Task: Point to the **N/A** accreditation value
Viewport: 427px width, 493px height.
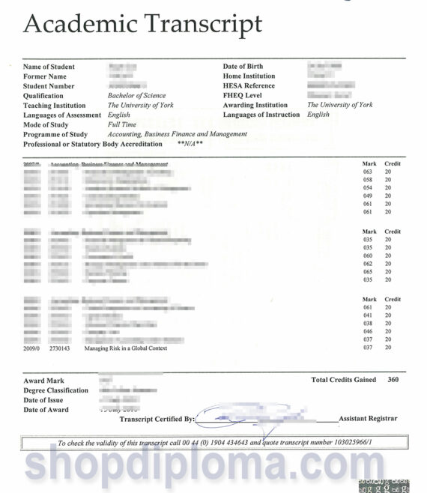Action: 190,144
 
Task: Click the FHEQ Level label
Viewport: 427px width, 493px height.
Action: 245,96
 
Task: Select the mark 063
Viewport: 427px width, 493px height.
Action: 367,172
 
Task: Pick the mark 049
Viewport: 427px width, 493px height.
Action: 367,196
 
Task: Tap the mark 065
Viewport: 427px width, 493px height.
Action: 367,272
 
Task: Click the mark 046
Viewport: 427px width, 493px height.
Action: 367,332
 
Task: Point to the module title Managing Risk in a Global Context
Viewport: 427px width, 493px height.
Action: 126,348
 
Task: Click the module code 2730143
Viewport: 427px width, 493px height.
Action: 60,348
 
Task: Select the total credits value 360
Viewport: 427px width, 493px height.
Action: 393,381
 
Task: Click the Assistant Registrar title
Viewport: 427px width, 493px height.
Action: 368,419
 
